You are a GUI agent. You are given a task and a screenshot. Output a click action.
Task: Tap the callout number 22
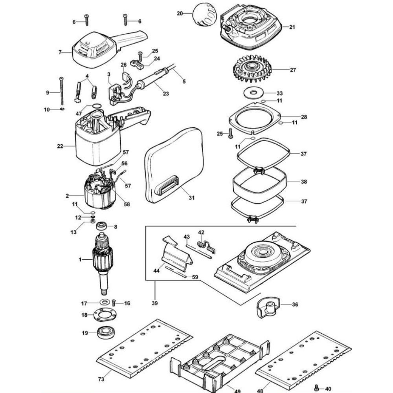[x=60, y=146]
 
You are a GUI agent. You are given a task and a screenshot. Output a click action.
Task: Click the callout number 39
[x=154, y=303]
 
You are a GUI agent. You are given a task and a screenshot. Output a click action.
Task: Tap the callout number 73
[x=101, y=379]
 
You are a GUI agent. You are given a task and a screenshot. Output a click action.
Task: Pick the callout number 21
[x=292, y=27]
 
